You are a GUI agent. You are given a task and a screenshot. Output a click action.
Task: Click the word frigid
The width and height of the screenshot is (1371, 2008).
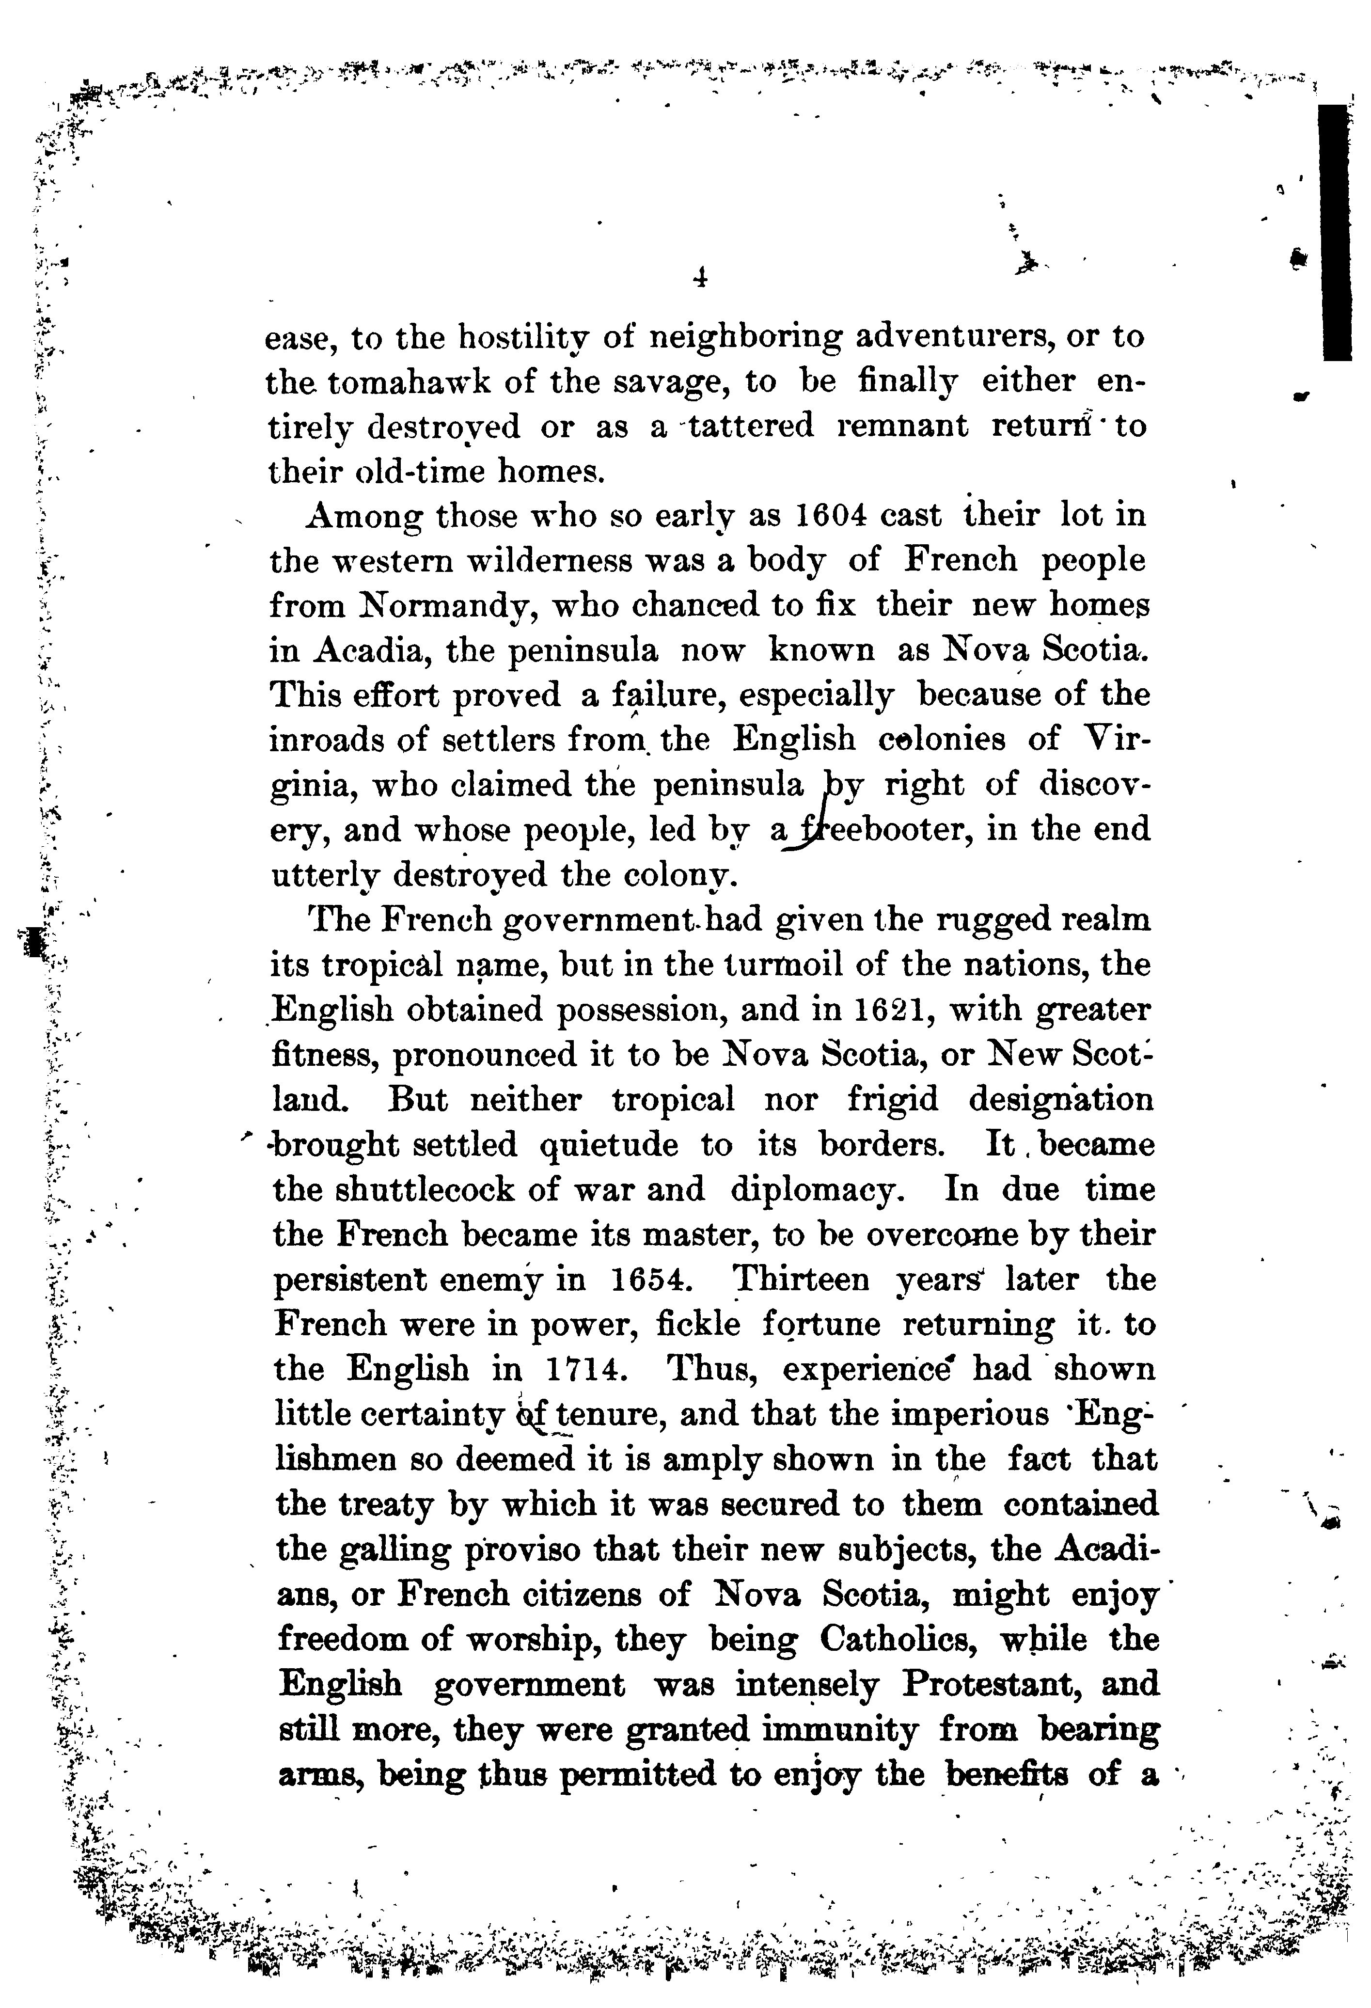coord(892,1100)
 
